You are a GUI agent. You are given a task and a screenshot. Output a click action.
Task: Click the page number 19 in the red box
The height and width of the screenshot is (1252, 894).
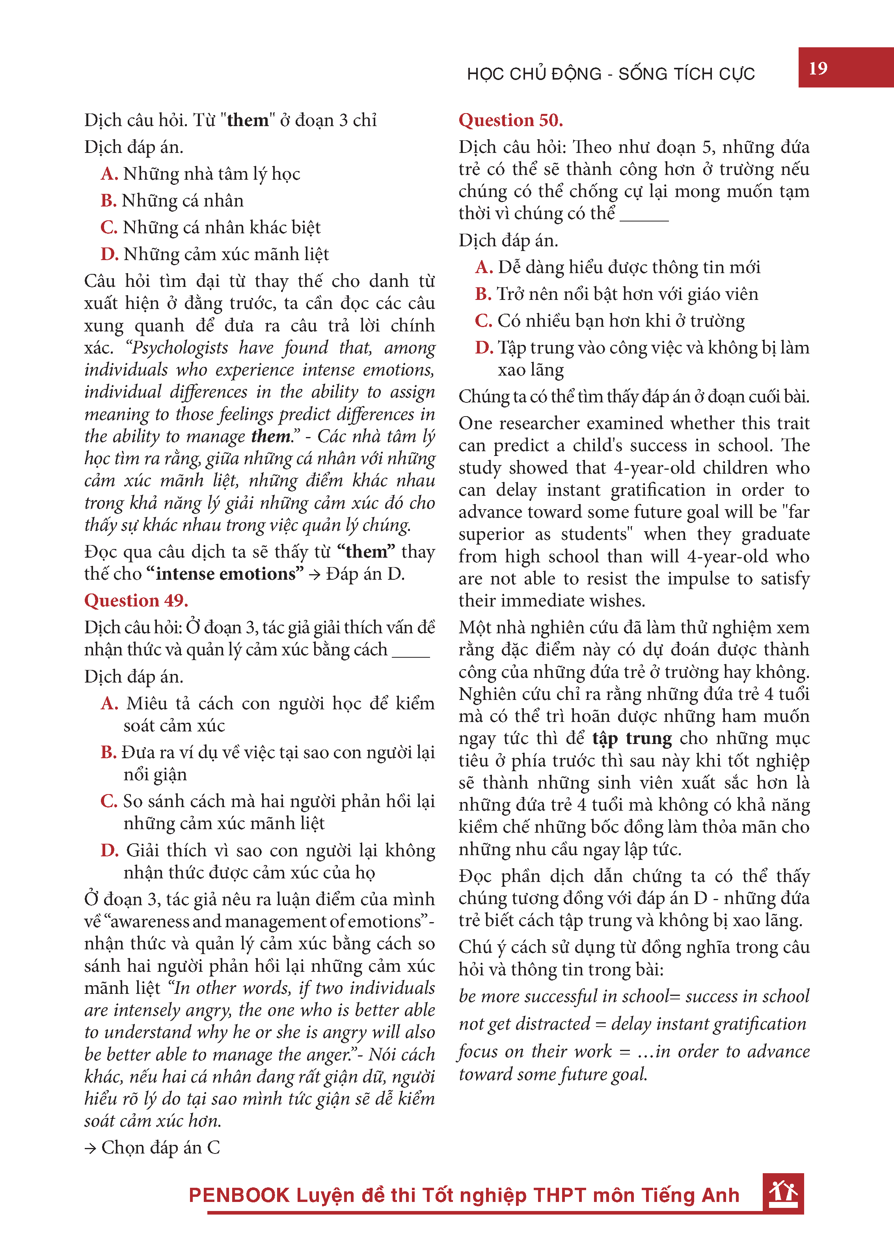[818, 68]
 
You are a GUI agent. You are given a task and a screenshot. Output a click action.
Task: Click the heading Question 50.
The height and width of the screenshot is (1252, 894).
[510, 120]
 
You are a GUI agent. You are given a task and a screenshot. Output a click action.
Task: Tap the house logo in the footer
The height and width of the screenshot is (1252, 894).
[783, 1192]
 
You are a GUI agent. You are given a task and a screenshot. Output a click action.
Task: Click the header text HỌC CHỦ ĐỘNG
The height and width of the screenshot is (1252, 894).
[534, 74]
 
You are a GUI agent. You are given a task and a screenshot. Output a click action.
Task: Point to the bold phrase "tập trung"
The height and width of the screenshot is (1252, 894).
[632, 738]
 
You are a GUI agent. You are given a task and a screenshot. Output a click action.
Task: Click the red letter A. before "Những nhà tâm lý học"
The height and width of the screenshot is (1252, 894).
[110, 174]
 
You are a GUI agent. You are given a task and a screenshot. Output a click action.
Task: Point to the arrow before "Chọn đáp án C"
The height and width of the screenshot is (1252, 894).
[90, 1148]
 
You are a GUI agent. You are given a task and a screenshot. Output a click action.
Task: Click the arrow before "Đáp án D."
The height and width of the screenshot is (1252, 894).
[314, 575]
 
